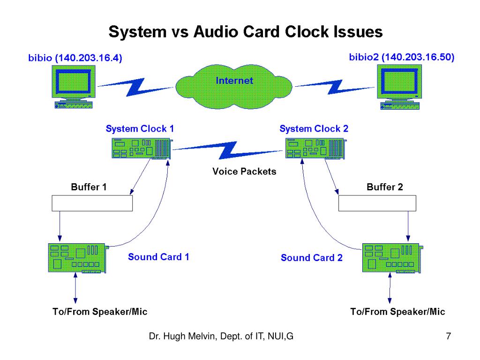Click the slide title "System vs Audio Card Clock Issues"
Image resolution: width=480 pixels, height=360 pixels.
(x=246, y=31)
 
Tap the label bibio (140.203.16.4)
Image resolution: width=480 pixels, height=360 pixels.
(x=75, y=58)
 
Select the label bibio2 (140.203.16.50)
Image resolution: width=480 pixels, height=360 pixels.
(x=402, y=57)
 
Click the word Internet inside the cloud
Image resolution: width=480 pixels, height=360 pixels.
(x=234, y=81)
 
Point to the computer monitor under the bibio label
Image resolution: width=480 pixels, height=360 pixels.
(x=74, y=87)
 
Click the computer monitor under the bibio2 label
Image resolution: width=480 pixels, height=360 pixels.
(x=399, y=87)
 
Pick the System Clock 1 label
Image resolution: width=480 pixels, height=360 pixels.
(x=140, y=128)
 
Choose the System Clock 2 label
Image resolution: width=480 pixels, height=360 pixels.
(x=314, y=128)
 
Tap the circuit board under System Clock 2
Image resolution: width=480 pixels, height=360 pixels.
(x=316, y=149)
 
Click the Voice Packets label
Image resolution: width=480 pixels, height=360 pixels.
(x=244, y=172)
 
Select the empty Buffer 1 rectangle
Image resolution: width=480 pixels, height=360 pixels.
(x=92, y=203)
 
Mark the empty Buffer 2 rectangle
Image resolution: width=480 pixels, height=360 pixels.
(x=377, y=203)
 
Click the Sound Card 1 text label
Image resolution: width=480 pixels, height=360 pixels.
(x=158, y=257)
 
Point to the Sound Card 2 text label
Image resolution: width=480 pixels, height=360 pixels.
(x=312, y=258)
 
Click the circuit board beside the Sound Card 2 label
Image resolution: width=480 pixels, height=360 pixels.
(x=393, y=258)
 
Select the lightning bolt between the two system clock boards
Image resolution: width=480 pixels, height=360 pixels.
(x=228, y=150)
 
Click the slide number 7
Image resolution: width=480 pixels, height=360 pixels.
(x=449, y=336)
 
